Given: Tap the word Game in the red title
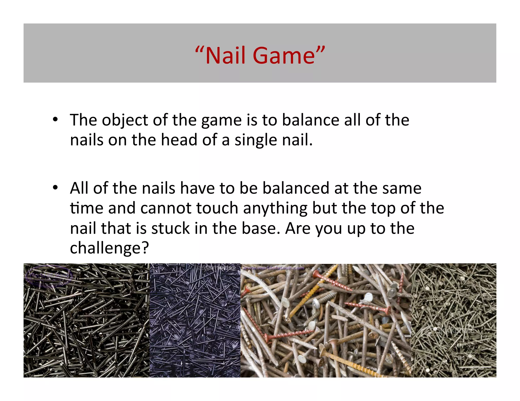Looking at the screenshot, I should (x=284, y=56).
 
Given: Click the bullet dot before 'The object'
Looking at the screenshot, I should (x=55, y=119).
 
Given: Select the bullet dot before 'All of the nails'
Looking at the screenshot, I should (x=55, y=188).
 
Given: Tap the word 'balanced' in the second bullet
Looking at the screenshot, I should (x=296, y=188).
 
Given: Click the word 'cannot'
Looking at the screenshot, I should (x=166, y=208).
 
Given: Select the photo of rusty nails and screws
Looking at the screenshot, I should (x=326, y=320).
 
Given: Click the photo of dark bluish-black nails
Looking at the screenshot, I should (x=195, y=320).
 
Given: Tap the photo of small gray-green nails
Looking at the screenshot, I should (x=453, y=320).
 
